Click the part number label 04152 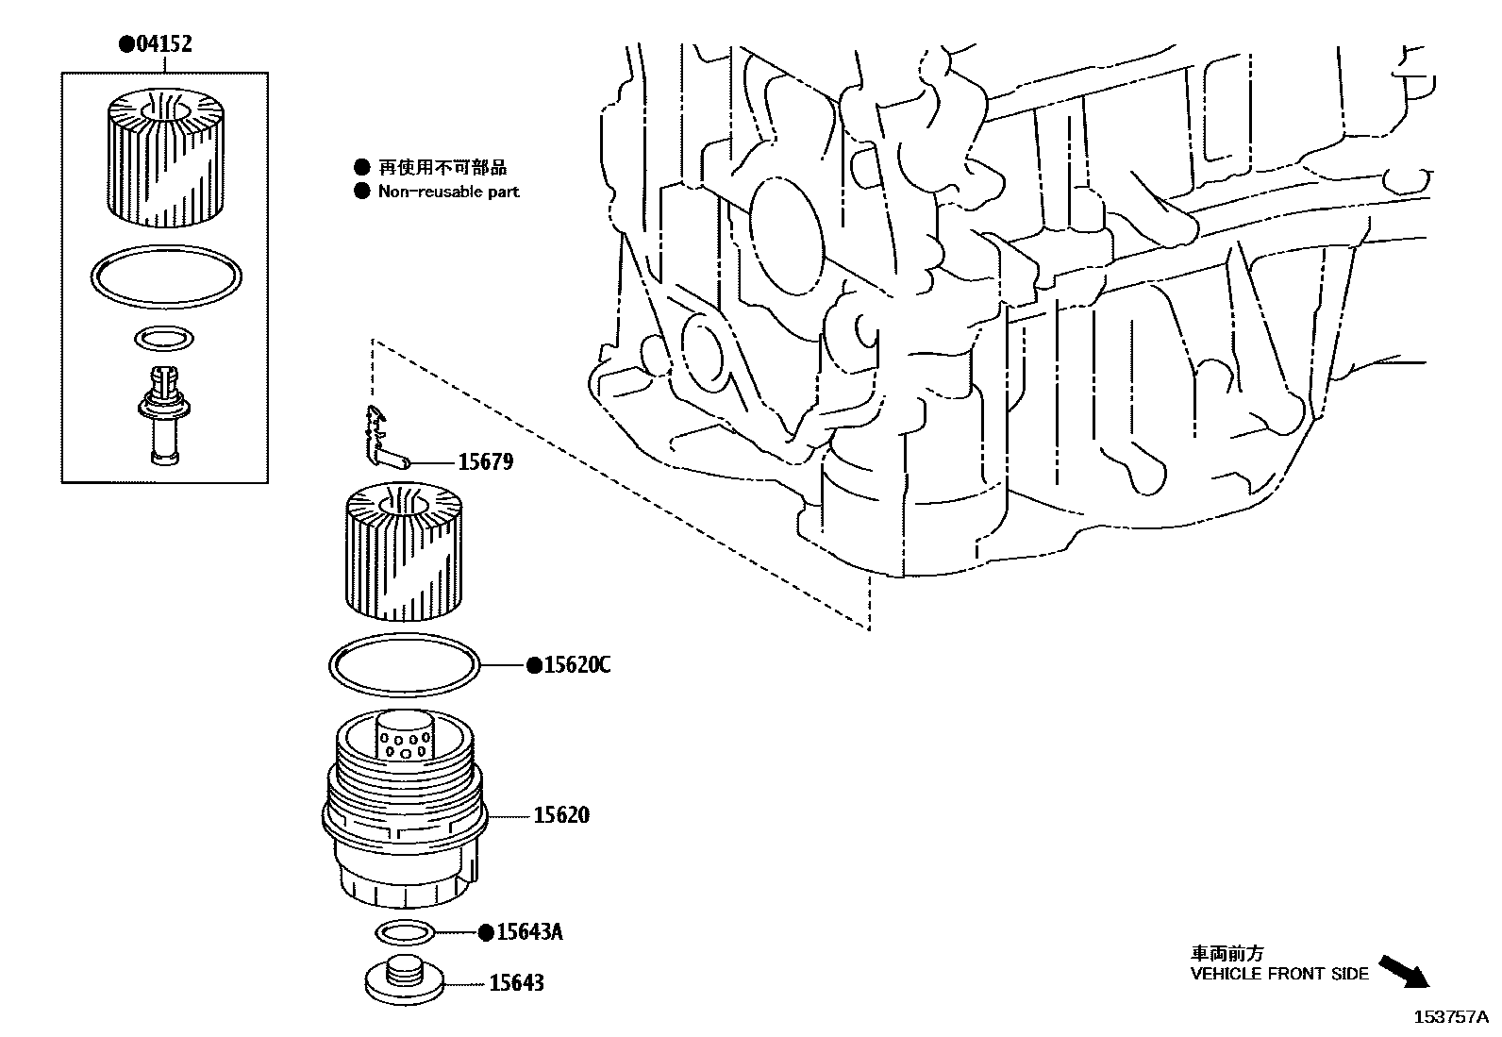162,44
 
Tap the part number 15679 485,462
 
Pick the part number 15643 516,983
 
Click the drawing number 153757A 1450,1017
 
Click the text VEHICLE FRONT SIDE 1278,974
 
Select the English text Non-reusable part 448,192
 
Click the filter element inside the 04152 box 164,157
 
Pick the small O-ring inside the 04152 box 164,338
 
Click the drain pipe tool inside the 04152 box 164,413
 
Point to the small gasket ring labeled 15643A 405,932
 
